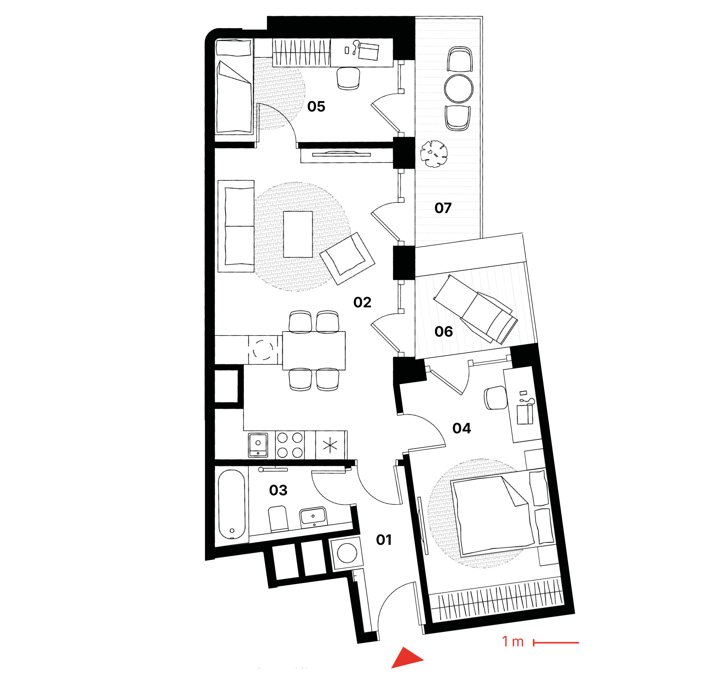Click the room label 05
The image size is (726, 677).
(x=316, y=106)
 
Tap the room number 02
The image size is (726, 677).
(x=362, y=302)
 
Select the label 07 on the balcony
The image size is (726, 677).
(x=443, y=208)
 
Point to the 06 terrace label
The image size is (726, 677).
(x=444, y=331)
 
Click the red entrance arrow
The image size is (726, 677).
(x=406, y=658)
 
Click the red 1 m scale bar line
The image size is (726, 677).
(x=556, y=642)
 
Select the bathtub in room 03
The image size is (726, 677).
(x=232, y=504)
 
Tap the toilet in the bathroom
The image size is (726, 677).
(x=278, y=518)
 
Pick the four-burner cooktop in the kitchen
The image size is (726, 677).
(x=290, y=445)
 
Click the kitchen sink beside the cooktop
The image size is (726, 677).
(x=258, y=445)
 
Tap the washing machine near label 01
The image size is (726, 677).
(x=347, y=553)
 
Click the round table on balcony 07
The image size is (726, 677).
(x=459, y=88)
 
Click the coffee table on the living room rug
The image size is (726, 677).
(x=298, y=234)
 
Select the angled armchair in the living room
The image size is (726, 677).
(x=347, y=258)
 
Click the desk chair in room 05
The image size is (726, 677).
(x=348, y=78)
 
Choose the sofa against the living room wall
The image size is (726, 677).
(x=236, y=226)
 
